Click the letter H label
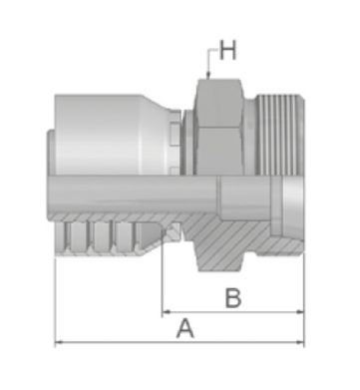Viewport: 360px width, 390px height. pos(228,50)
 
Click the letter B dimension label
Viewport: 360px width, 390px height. pos(233,297)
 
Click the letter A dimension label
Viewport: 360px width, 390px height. pos(184,328)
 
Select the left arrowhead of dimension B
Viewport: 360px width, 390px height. pos(167,312)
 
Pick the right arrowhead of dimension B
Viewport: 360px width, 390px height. pos(300,312)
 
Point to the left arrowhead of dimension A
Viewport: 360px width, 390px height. pos(59,342)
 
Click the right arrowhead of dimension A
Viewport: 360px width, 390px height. pos(300,342)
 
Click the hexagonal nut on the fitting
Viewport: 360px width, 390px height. pos(219,127)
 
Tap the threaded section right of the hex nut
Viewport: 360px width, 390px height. pos(278,135)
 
